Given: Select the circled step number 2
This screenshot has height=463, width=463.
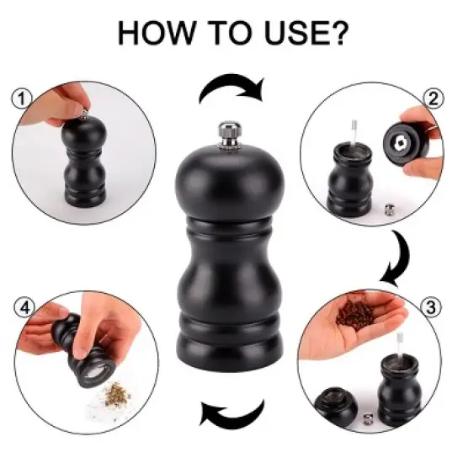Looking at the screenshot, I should point(435,98).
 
